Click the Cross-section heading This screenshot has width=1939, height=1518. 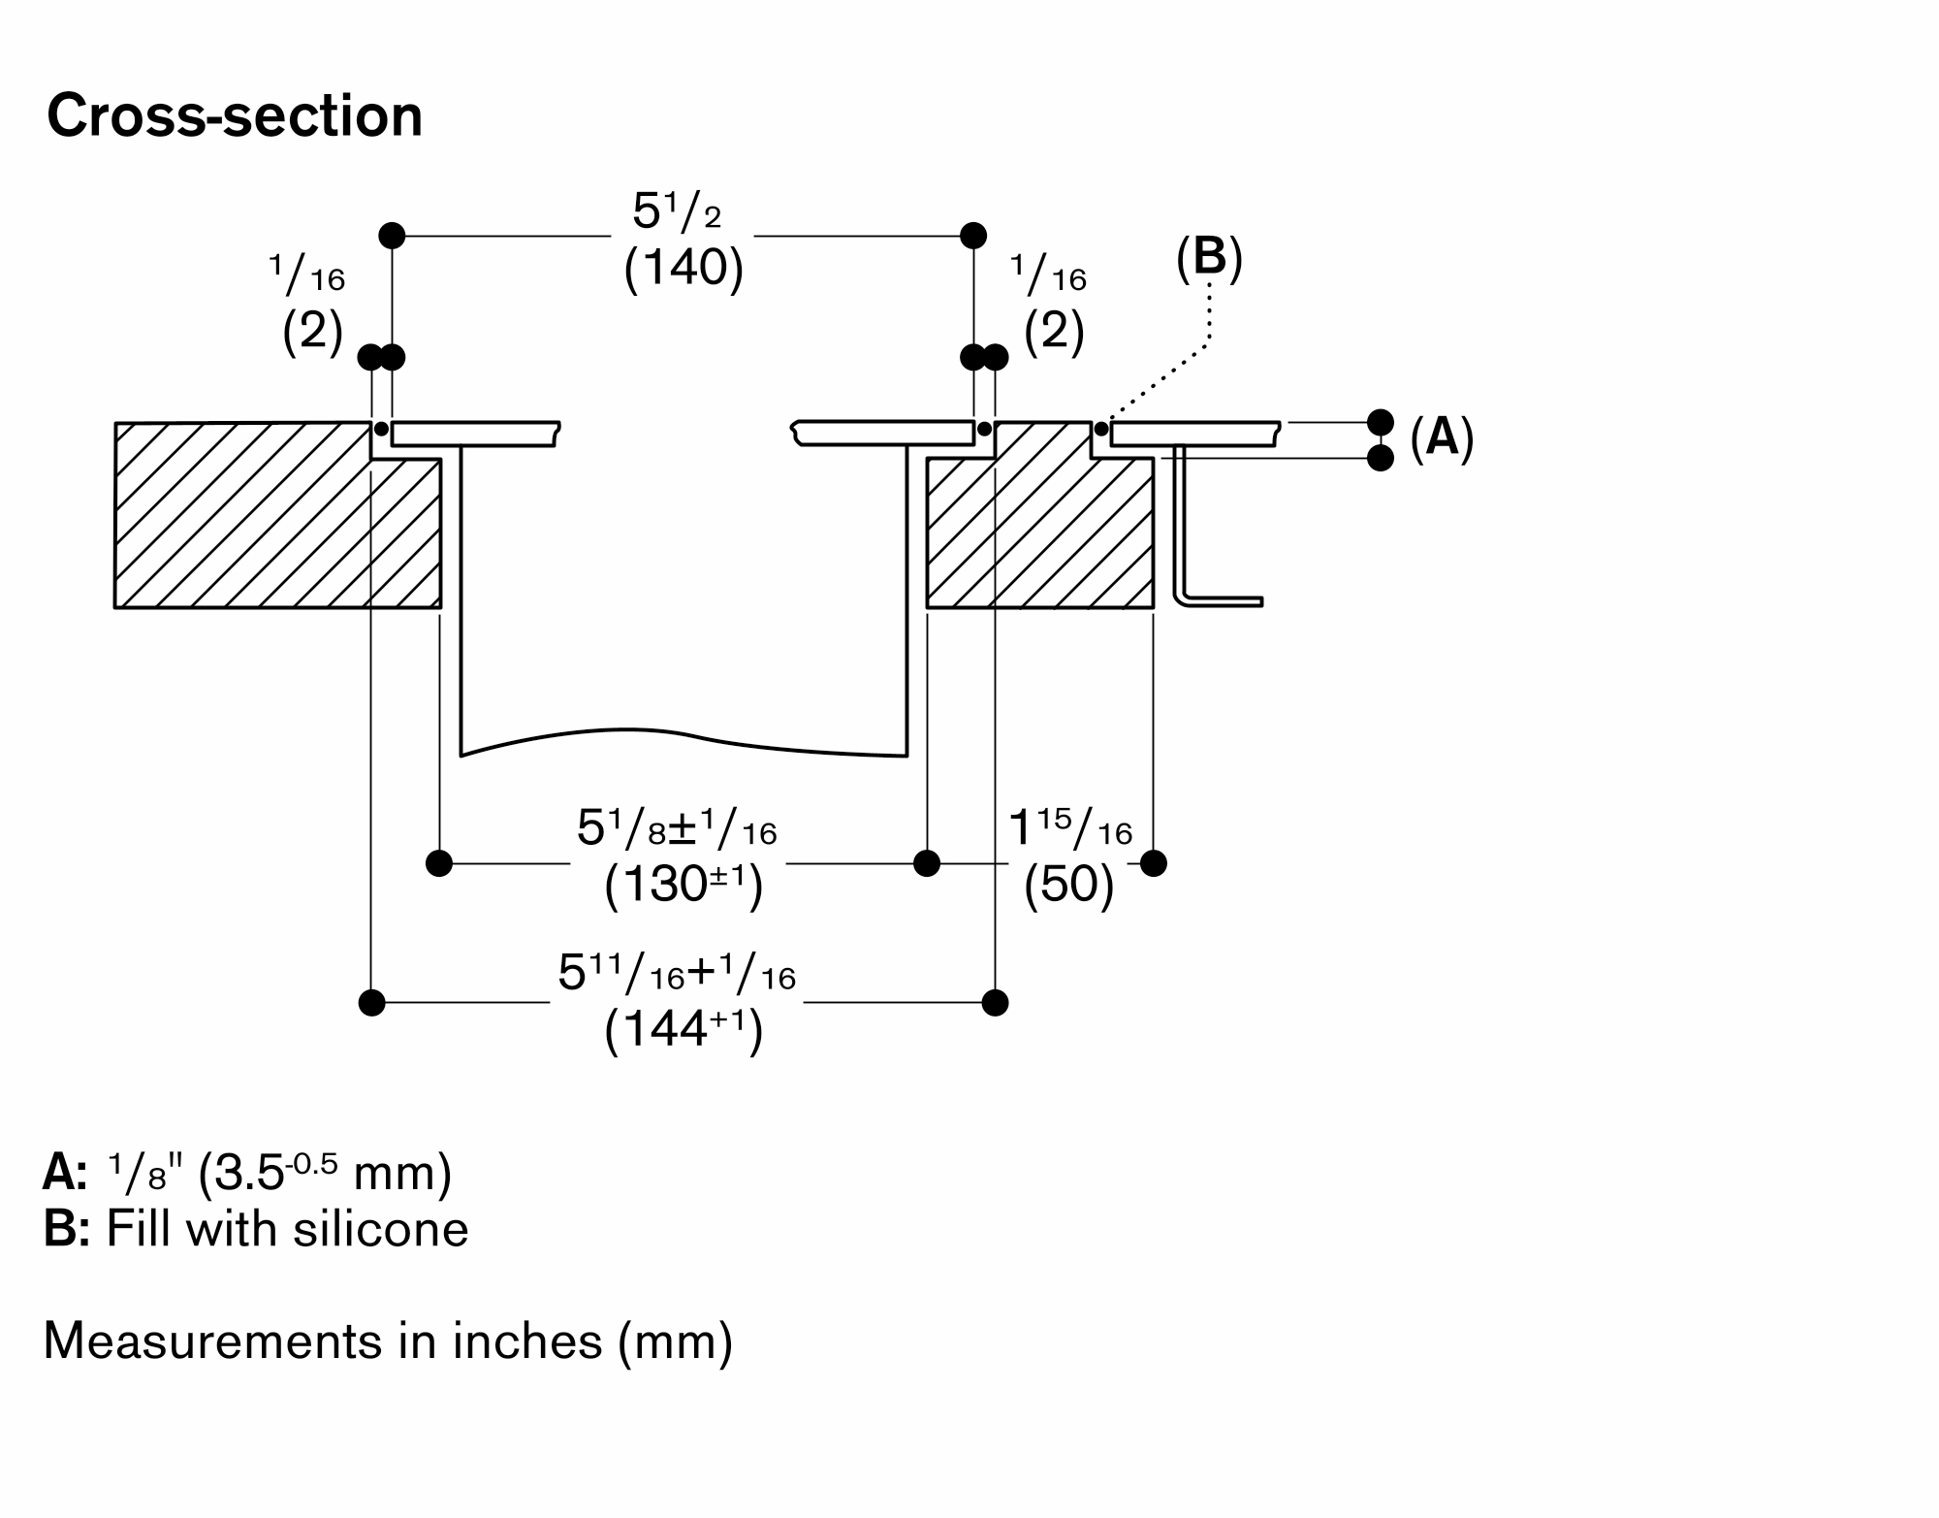pyautogui.click(x=235, y=116)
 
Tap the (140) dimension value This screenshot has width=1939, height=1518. pyautogui.click(x=683, y=267)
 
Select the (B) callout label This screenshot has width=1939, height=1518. pyautogui.click(x=1209, y=259)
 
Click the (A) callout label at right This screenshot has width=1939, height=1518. pyautogui.click(x=1442, y=437)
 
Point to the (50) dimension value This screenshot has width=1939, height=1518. pyautogui.click(x=1068, y=885)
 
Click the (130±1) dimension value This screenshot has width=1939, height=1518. pyautogui.click(x=683, y=885)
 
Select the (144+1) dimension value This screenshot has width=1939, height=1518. pyautogui.click(x=683, y=1030)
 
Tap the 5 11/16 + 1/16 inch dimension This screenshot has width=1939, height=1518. pyautogui.click(x=677, y=974)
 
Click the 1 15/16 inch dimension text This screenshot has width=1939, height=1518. pyautogui.click(x=1070, y=829)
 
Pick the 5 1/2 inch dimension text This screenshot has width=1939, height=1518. pyautogui.click(x=677, y=212)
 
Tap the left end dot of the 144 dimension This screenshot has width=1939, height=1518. pyautogui.click(x=371, y=1002)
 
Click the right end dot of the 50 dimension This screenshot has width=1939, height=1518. pyautogui.click(x=1154, y=862)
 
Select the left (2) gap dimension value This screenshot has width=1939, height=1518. pyautogui.click(x=312, y=332)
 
